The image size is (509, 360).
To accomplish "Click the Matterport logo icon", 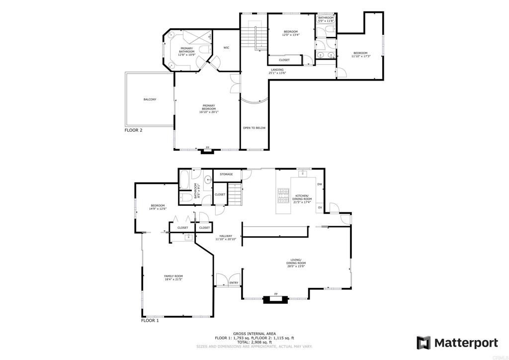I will pyautogui.click(x=424, y=343).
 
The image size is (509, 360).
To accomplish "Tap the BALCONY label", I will pyautogui.click(x=150, y=99).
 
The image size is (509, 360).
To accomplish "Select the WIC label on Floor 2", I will pyautogui.click(x=226, y=48).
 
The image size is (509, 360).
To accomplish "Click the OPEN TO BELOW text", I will pyautogui.click(x=254, y=128).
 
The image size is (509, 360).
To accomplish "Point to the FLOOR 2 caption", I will pyautogui.click(x=133, y=130).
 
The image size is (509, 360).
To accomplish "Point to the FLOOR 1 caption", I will pyautogui.click(x=150, y=321).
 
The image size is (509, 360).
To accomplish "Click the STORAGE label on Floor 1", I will pyautogui.click(x=226, y=174).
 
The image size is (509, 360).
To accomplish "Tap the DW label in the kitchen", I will pyautogui.click(x=320, y=184).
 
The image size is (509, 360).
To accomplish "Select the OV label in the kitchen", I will pyautogui.click(x=320, y=207).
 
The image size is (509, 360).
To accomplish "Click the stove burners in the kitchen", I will pyautogui.click(x=283, y=196).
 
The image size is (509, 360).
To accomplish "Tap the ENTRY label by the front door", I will pyautogui.click(x=234, y=283).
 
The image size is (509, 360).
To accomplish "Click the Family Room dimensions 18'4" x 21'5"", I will pyautogui.click(x=174, y=279).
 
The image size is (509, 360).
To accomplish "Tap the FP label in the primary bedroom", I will pyautogui.click(x=208, y=148).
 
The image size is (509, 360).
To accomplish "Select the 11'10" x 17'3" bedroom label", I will pyautogui.click(x=360, y=56).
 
